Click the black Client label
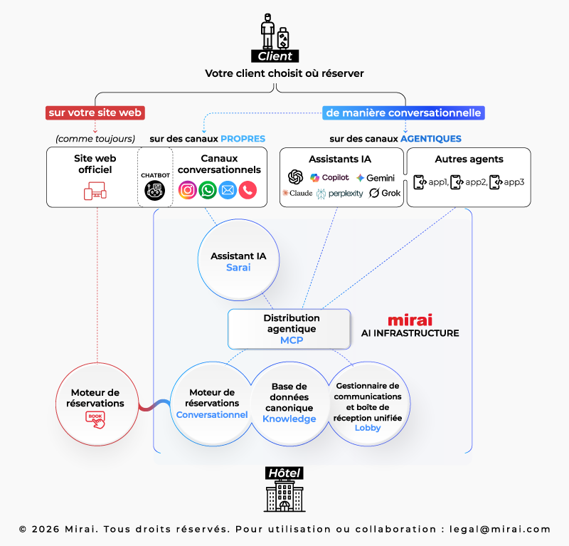tap(275, 56)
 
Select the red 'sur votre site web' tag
tap(95, 112)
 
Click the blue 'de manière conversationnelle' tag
tap(403, 112)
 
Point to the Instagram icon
tap(188, 190)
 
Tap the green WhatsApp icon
tap(208, 190)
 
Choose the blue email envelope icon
tap(228, 190)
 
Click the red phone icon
tap(248, 190)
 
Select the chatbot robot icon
tap(154, 190)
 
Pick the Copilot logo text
tap(329, 177)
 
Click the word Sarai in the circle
tap(238, 268)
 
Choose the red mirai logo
tap(410, 320)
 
